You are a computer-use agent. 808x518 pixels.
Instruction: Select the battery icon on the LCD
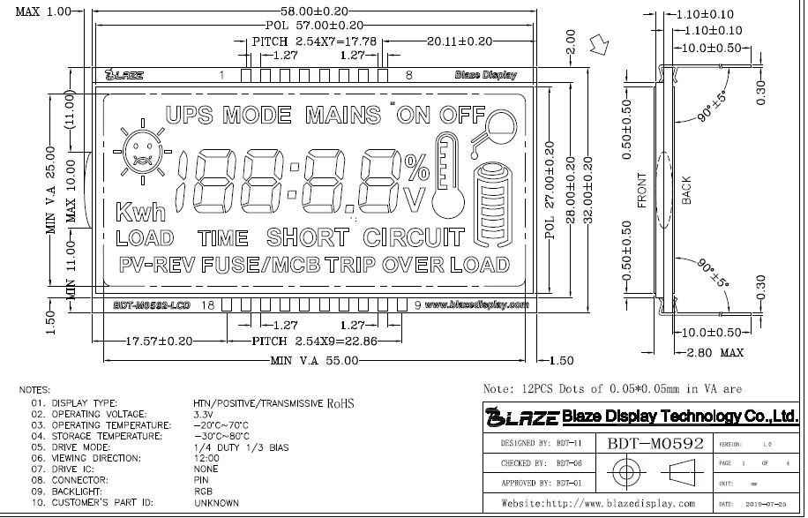(x=491, y=206)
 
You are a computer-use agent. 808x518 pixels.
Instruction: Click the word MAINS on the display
(x=340, y=115)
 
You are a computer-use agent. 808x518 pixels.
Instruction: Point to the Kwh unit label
(x=139, y=212)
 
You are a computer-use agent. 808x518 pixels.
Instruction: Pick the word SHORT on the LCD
(x=307, y=236)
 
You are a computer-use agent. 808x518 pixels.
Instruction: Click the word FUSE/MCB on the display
(x=260, y=264)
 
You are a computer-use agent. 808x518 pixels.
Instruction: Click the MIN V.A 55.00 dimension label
(x=315, y=360)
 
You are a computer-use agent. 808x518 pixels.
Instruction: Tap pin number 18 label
(x=208, y=305)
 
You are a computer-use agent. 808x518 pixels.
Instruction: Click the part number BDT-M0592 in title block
(x=655, y=443)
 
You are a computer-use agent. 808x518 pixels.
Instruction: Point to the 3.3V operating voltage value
(x=204, y=413)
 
